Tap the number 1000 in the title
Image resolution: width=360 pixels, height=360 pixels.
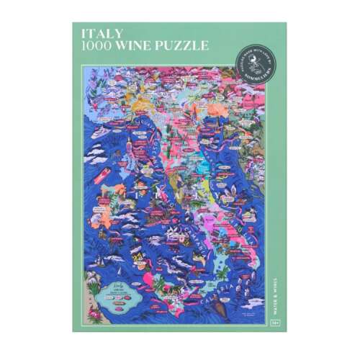coord(96,45)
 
